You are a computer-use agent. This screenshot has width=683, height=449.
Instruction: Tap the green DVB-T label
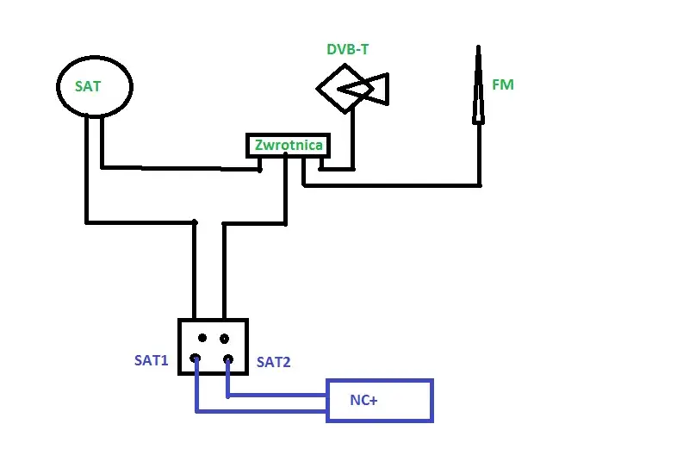(x=347, y=49)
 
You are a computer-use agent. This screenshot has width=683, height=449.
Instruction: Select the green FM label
(x=503, y=85)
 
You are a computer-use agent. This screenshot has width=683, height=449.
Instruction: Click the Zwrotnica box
(x=289, y=146)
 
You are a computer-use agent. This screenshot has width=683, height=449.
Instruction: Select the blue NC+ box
(x=379, y=400)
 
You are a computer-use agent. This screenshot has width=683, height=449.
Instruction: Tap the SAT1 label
(x=151, y=361)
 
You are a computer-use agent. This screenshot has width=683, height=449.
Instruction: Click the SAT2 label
(x=273, y=362)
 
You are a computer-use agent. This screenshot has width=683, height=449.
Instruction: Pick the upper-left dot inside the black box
(x=201, y=338)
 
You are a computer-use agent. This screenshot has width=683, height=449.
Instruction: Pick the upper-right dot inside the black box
(x=225, y=338)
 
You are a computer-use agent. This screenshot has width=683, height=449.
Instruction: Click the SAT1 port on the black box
(x=196, y=359)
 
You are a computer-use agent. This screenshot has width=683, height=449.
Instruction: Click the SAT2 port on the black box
(x=228, y=359)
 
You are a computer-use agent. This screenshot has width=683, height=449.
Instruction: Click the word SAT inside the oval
(x=87, y=86)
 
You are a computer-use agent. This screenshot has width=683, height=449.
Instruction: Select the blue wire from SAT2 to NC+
(x=276, y=396)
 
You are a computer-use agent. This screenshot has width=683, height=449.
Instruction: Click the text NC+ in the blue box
(x=363, y=400)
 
